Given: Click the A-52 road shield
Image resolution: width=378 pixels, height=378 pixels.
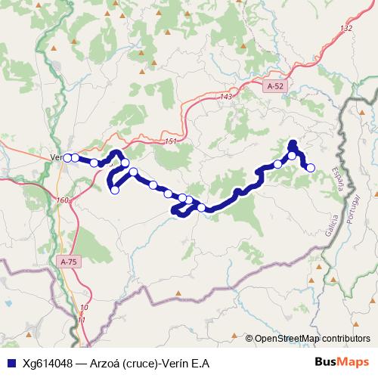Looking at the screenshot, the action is (275, 87).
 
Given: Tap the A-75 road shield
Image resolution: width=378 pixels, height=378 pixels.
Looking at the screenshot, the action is (67, 262).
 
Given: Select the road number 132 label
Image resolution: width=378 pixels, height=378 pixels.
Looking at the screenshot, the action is (346, 28).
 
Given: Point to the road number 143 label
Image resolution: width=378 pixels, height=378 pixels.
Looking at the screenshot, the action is (227, 97).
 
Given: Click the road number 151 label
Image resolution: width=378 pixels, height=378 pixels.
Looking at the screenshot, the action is (169, 141).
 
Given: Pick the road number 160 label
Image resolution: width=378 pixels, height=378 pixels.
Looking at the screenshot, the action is (62, 200).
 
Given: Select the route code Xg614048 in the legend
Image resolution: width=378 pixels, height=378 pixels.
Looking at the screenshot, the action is (47, 364).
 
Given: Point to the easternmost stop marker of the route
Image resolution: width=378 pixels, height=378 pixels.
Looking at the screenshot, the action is (310, 167).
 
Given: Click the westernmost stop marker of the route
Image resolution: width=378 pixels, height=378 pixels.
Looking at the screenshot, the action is (67, 157).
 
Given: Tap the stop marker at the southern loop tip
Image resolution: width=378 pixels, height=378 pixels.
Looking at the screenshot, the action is (115, 190).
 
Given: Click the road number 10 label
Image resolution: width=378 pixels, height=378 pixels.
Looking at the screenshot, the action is (83, 308).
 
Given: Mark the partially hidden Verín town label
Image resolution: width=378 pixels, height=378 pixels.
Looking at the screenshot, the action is (55, 157).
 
